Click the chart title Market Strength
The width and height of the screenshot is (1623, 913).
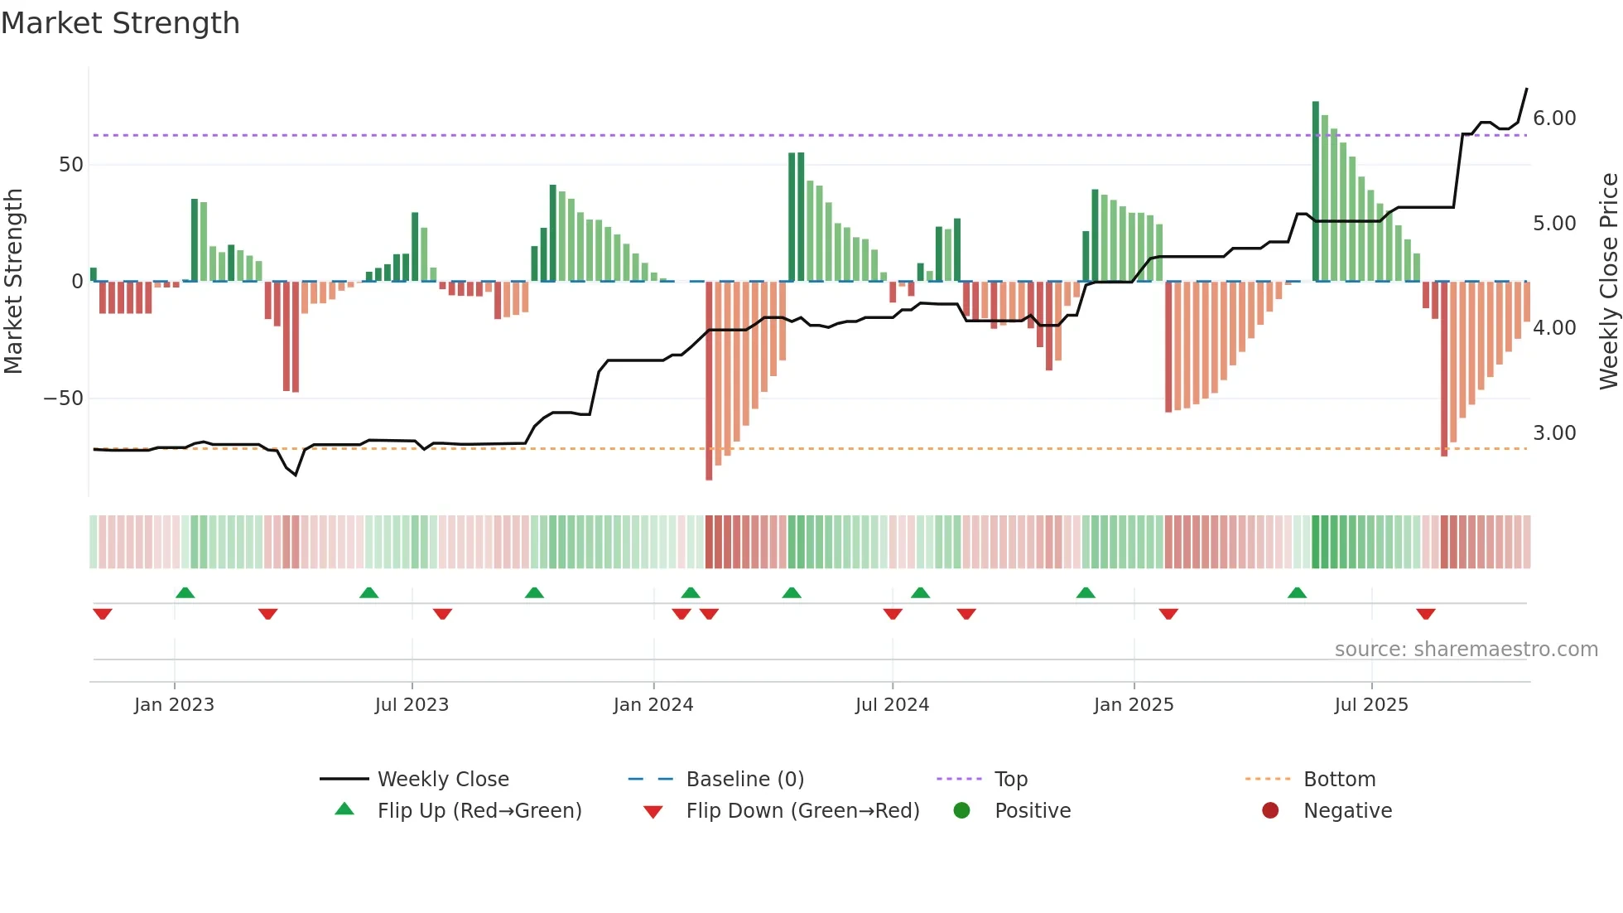coord(120,23)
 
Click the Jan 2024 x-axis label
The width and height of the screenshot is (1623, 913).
coord(653,705)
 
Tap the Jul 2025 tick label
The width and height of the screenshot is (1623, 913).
coord(1371,705)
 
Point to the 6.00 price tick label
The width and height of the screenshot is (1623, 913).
coord(1554,118)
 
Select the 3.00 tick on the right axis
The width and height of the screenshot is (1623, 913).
coord(1554,433)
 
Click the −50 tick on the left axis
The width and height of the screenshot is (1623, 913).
coord(64,399)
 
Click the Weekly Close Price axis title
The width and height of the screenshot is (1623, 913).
coord(1608,282)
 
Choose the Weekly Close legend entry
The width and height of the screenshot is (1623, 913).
coord(443,780)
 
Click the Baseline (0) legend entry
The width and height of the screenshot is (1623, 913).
coord(744,780)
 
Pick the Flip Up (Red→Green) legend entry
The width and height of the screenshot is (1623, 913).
coord(479,811)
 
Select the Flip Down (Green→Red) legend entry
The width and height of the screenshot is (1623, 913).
coord(802,811)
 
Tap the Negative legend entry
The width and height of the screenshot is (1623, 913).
coord(1347,811)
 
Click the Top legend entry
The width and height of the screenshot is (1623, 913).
coord(1010,780)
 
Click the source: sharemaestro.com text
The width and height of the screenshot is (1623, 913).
coord(1466,650)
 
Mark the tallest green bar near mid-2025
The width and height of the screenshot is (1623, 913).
coord(1316,191)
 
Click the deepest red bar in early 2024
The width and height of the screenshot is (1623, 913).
coord(709,381)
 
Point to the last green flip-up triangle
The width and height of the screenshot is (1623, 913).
coord(1298,593)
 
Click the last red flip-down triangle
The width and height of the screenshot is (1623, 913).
coord(1426,614)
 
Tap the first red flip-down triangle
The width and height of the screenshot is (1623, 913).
coord(103,614)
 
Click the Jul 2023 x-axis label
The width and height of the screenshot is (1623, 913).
coord(412,705)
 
